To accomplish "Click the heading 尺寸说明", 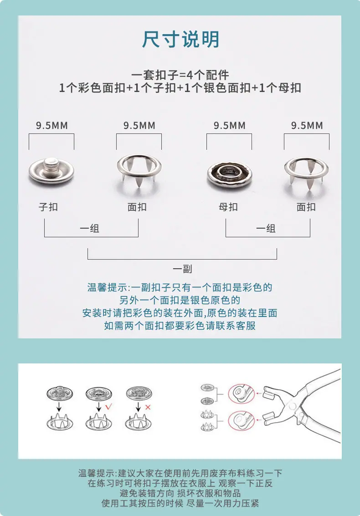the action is tap(180, 40).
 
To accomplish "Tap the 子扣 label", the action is tap(48, 207).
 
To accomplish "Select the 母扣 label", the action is tap(228, 207).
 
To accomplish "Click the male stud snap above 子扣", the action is tap(51, 171).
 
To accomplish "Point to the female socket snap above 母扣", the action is tap(230, 174).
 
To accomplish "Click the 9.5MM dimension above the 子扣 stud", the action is tap(51, 125).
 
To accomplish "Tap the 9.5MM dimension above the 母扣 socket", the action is tap(230, 125).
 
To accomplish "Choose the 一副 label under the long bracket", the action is tap(182, 269).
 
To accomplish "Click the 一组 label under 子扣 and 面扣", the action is tap(90, 228).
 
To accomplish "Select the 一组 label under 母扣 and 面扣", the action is tap(266, 228).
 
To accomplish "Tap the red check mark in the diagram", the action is tap(108, 406).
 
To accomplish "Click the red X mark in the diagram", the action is tap(148, 408).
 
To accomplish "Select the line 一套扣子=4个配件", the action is tap(180, 75).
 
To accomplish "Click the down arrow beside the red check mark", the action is tap(99, 407).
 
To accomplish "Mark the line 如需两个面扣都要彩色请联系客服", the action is tap(180, 326).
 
